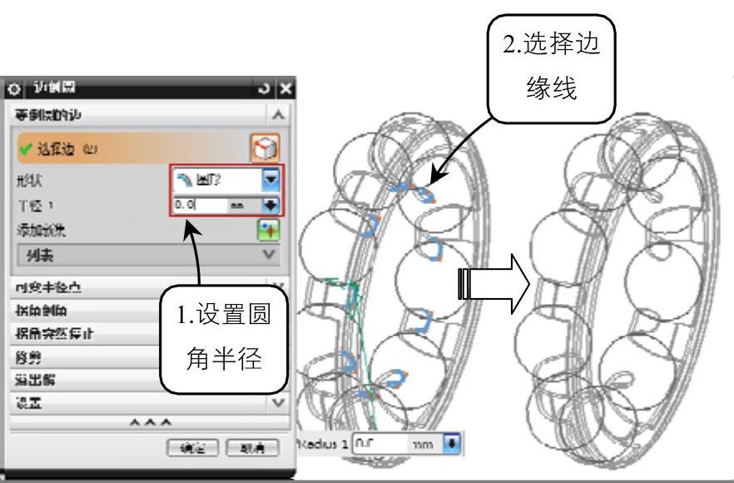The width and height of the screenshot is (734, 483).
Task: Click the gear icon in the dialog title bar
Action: (11, 88)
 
